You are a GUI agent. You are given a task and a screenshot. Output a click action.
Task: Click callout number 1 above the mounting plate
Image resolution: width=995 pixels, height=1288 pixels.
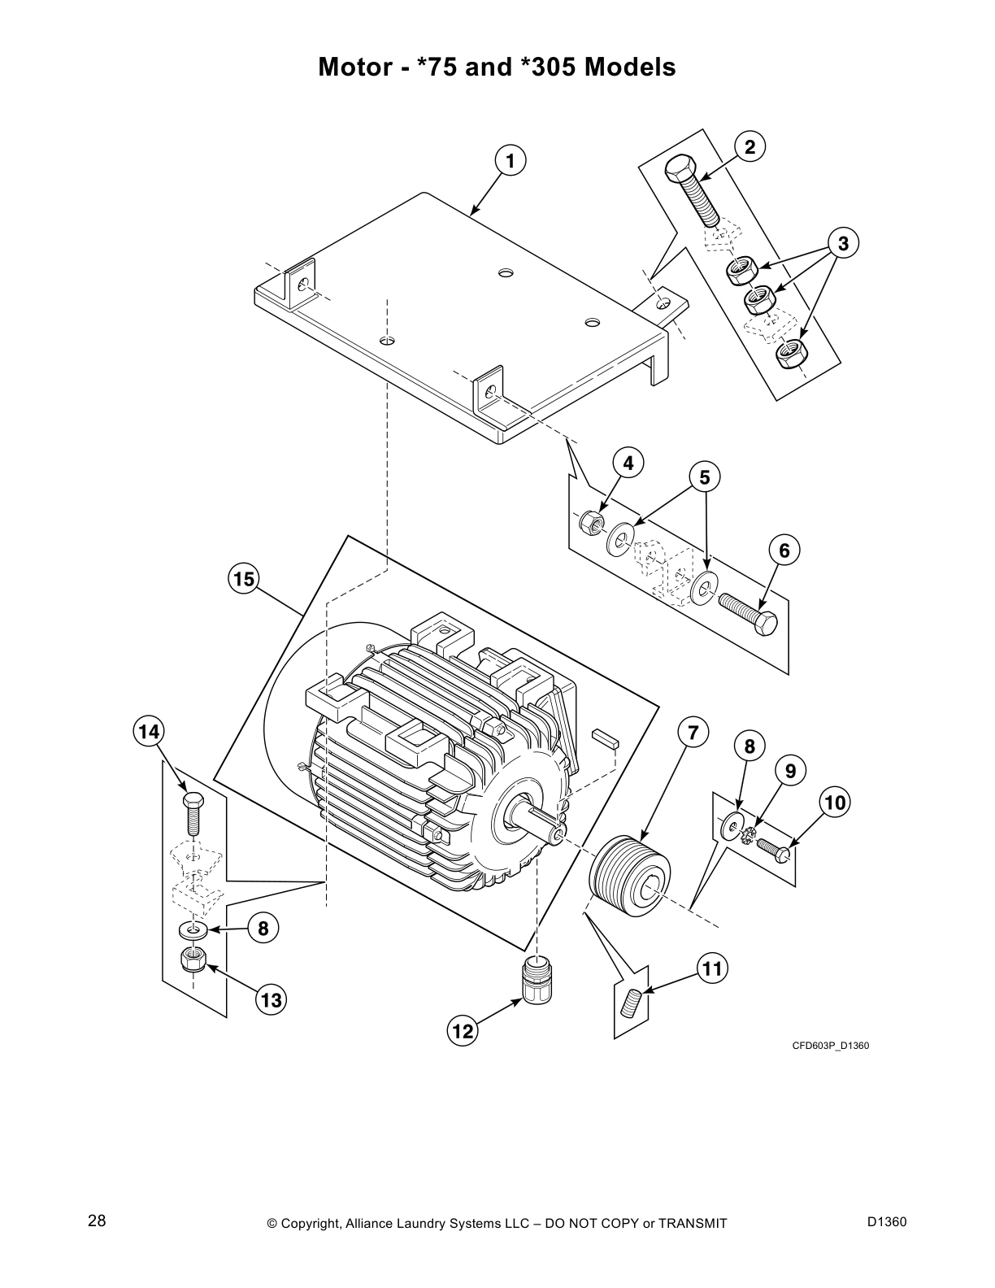[x=510, y=161]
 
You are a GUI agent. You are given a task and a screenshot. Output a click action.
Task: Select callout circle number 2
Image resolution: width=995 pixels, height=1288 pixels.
[x=750, y=146]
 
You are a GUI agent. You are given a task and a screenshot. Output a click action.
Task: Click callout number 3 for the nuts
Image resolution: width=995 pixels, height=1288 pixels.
[x=843, y=243]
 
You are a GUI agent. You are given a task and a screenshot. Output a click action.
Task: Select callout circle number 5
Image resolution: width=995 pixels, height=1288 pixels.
[x=705, y=477]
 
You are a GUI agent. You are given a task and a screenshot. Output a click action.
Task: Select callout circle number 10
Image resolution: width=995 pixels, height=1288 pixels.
[x=833, y=803]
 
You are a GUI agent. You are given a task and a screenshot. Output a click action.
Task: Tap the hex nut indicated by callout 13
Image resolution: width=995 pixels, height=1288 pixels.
[x=193, y=959]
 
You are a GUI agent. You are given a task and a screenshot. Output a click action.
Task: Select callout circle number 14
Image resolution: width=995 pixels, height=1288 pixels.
[x=149, y=731]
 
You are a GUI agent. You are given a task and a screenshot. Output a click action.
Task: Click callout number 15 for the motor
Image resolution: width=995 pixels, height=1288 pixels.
[x=241, y=579]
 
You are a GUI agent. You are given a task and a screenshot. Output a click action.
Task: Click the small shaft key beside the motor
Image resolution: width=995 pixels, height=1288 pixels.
[x=606, y=737]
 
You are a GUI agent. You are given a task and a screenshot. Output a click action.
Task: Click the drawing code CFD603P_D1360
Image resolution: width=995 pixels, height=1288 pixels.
[x=831, y=1046]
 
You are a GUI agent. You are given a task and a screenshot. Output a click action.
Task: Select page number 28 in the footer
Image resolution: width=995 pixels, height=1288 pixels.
[x=97, y=1221]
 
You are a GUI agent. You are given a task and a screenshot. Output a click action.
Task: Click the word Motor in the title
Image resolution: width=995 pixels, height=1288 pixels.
[x=355, y=67]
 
